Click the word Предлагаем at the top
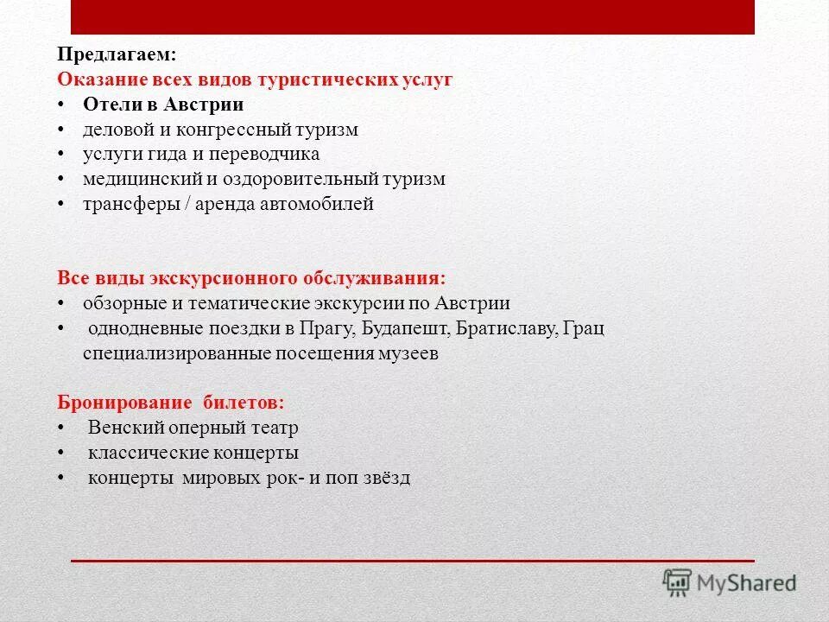(x=116, y=54)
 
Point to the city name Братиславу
(x=506, y=329)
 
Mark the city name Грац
(x=587, y=329)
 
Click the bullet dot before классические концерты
(x=62, y=454)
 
